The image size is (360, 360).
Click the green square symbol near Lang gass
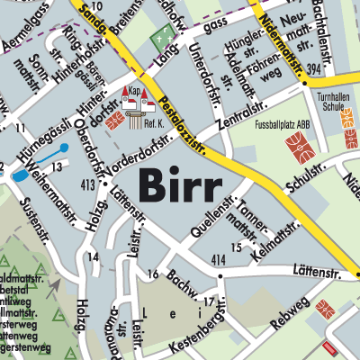[x=162, y=38]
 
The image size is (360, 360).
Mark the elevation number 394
[x=313, y=69]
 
